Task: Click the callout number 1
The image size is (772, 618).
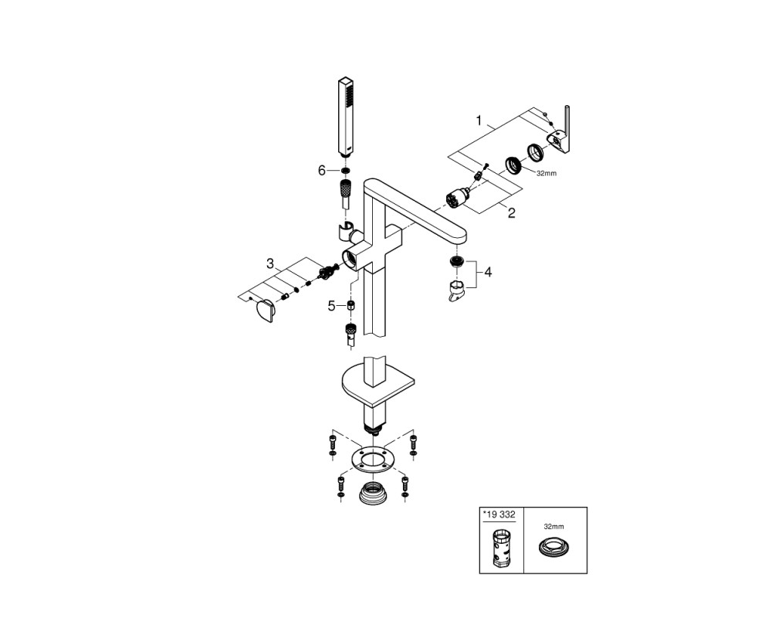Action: pyautogui.click(x=479, y=121)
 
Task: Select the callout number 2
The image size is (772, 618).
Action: pyautogui.click(x=512, y=213)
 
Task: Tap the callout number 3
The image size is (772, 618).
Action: pyautogui.click(x=269, y=264)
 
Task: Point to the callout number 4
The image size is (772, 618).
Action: pyautogui.click(x=488, y=272)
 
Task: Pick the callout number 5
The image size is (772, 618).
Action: pyautogui.click(x=331, y=306)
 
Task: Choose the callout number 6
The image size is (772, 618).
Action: pyautogui.click(x=322, y=171)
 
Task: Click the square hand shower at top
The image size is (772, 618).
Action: pyautogui.click(x=346, y=117)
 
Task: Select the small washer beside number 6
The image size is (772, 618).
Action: pyautogui.click(x=346, y=171)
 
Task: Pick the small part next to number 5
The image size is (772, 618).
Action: pyautogui.click(x=350, y=305)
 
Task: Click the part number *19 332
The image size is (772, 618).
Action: pyautogui.click(x=499, y=515)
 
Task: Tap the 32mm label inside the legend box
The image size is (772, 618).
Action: pyautogui.click(x=553, y=526)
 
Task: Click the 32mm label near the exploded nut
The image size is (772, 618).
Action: pyautogui.click(x=547, y=174)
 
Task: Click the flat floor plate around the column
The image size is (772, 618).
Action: pyautogui.click(x=378, y=381)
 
